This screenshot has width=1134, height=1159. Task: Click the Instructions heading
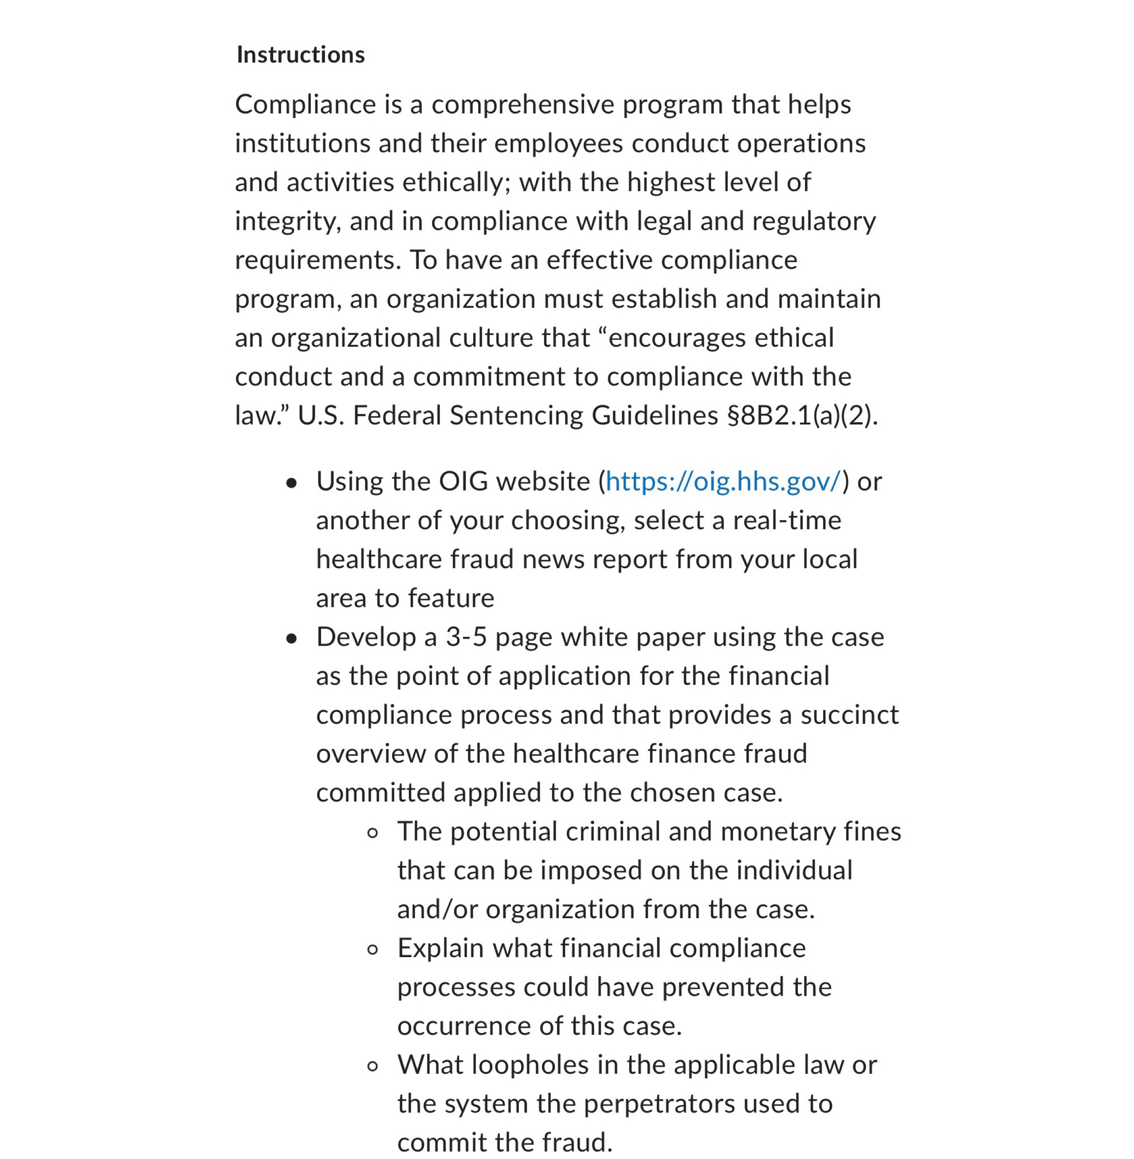300,55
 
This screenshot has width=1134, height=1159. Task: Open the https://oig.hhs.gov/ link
723,481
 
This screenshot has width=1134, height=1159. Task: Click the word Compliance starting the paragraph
305,105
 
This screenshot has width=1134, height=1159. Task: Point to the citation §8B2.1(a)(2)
802,416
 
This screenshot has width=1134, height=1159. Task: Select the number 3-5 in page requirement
466,637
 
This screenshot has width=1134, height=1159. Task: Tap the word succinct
849,715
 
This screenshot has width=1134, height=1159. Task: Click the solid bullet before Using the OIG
291,483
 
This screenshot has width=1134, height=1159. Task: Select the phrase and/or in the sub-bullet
437,909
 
